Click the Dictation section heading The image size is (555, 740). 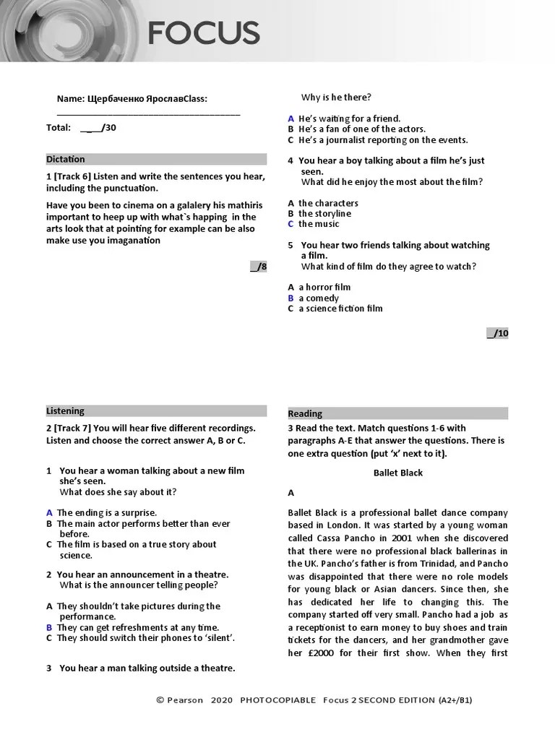66,159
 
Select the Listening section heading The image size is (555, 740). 65,410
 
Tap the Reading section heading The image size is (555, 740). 305,413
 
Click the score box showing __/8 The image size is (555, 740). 259,267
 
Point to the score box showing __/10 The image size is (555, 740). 498,333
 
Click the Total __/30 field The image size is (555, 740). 80,128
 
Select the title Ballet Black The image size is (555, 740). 397,473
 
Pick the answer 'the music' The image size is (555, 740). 319,224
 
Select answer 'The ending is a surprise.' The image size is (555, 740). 106,512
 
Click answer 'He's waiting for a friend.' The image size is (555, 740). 349,119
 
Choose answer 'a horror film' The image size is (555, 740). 324,287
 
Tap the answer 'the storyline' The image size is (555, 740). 324,213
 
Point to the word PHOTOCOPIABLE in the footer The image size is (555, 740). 277,700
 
